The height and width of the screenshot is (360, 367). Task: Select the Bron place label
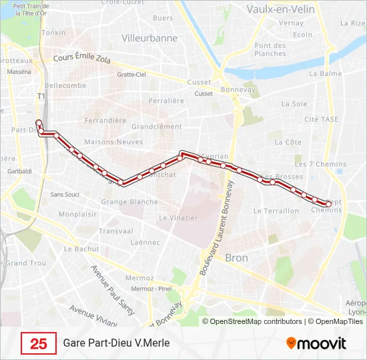click(x=237, y=257)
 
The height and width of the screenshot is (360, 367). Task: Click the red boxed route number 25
click(x=39, y=343)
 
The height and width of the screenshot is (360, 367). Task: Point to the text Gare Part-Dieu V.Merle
click(x=117, y=343)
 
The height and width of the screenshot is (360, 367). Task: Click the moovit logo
click(x=316, y=343)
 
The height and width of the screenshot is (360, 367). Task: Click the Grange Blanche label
click(x=129, y=201)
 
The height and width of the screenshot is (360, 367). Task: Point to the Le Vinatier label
click(x=178, y=217)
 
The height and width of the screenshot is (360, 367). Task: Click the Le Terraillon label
click(x=276, y=211)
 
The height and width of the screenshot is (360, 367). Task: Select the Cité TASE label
click(x=321, y=119)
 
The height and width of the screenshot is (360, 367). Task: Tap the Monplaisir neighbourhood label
click(x=77, y=214)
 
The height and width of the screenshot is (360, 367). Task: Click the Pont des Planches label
click(x=270, y=49)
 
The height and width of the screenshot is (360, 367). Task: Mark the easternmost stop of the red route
click(x=328, y=203)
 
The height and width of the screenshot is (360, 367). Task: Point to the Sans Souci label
click(x=65, y=195)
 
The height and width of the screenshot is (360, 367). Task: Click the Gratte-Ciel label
click(x=131, y=75)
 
